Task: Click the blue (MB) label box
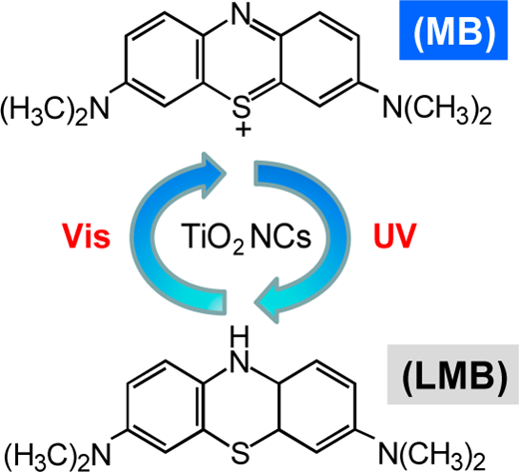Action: point(453,30)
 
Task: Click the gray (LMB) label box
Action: point(453,374)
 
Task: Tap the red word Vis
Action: point(86,236)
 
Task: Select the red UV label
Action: point(395,236)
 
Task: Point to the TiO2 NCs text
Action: point(246,237)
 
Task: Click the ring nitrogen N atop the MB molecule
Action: point(241,14)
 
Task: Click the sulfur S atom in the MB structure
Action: point(242,105)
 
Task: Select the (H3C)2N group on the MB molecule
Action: point(55,110)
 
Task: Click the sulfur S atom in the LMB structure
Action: point(241,454)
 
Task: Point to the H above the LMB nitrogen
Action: point(241,339)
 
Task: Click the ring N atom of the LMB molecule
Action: point(241,362)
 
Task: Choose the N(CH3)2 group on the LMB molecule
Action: point(432,455)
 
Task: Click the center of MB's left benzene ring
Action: point(165,59)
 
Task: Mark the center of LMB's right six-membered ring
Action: point(317,406)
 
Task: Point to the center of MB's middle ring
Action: point(242,59)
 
